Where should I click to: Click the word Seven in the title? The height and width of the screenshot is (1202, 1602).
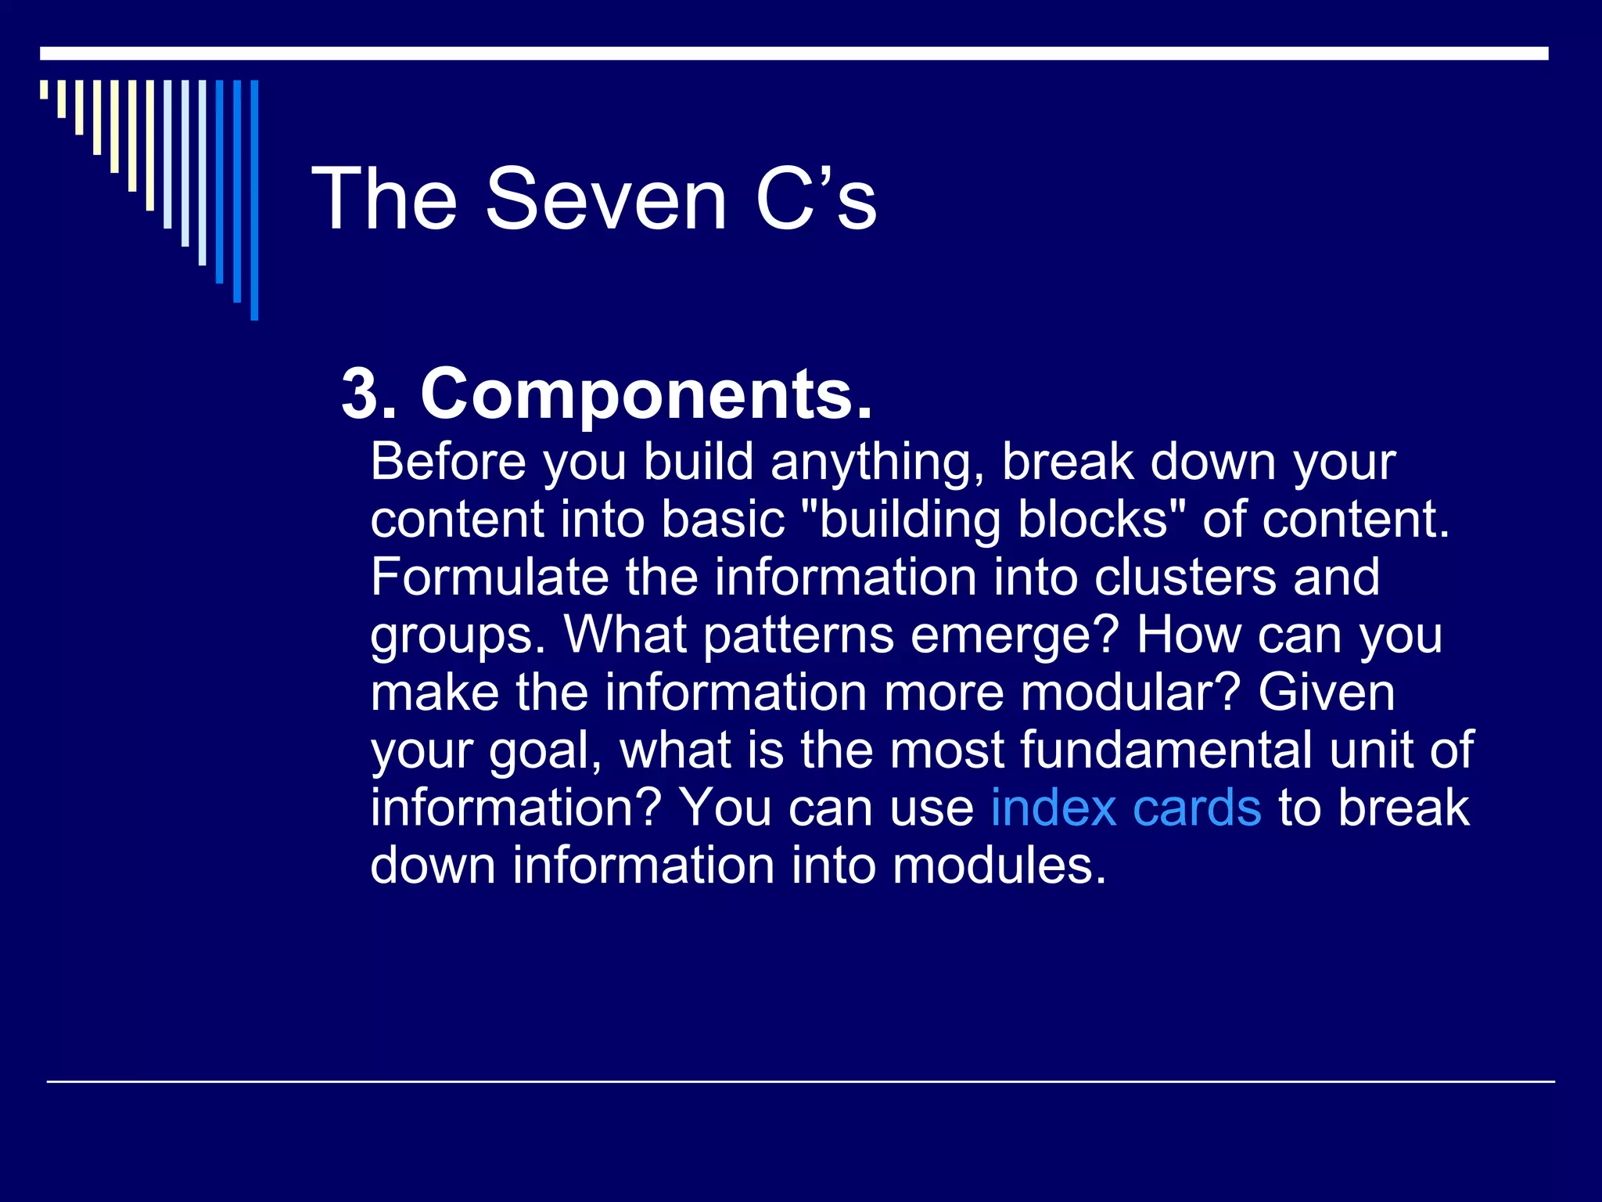click(x=606, y=200)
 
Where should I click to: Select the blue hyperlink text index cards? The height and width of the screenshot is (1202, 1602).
click(x=1126, y=808)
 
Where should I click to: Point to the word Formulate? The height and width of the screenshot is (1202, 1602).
click(x=489, y=578)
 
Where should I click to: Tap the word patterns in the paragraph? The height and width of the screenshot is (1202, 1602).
click(x=798, y=635)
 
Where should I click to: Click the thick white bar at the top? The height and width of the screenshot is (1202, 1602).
click(x=794, y=53)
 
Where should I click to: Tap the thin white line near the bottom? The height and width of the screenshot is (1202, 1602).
click(x=800, y=1081)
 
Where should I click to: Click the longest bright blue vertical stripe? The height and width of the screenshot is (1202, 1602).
click(x=254, y=200)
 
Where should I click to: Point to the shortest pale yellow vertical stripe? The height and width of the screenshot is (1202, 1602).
click(x=44, y=89)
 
